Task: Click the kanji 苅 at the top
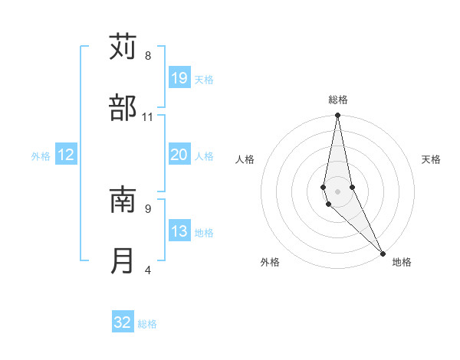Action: click(x=123, y=47)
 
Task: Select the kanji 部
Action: click(x=123, y=109)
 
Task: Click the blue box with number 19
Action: click(x=179, y=78)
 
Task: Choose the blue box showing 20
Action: click(x=179, y=155)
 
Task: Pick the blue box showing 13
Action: click(x=179, y=231)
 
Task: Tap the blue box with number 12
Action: click(x=66, y=155)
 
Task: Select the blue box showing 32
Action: click(x=123, y=322)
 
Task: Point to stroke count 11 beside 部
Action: click(x=148, y=117)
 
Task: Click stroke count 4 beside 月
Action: click(x=148, y=270)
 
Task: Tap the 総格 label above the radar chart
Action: click(x=338, y=100)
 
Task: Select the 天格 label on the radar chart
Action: click(x=431, y=159)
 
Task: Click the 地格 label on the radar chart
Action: click(x=402, y=262)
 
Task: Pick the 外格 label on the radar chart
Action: click(x=270, y=262)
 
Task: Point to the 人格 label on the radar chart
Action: click(x=245, y=159)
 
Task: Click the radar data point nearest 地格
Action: click(x=383, y=252)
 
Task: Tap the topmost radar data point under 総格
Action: click(x=337, y=116)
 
